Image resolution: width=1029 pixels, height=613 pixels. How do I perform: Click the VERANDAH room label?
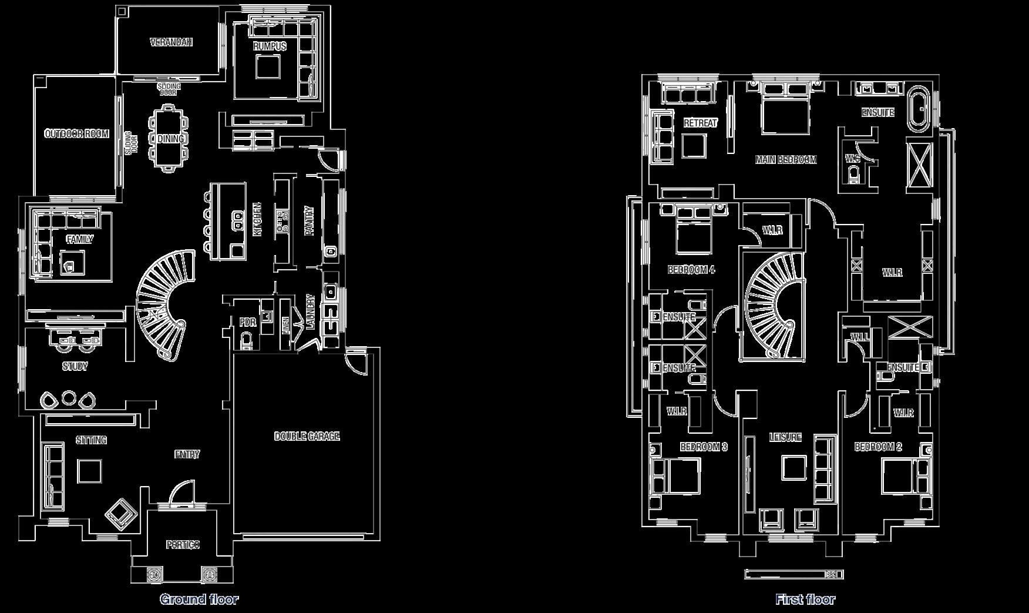click(x=171, y=42)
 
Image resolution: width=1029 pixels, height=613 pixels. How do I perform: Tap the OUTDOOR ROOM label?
click(x=77, y=134)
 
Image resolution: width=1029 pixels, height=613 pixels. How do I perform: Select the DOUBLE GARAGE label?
click(x=307, y=436)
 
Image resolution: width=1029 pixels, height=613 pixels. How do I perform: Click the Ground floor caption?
click(x=199, y=599)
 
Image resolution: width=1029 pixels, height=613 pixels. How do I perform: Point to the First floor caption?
click(x=805, y=599)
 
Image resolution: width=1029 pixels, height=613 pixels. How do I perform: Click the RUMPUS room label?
click(x=270, y=46)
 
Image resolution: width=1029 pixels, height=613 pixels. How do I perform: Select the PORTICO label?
click(x=182, y=545)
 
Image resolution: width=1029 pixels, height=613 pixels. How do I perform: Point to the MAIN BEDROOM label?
click(x=786, y=159)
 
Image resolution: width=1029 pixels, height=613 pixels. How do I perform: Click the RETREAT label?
click(x=701, y=123)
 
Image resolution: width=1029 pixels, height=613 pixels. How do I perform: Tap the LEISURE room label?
click(x=785, y=437)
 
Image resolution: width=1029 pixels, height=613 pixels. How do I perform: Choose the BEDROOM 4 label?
click(x=691, y=270)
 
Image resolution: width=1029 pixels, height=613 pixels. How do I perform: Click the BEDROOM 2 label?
click(x=877, y=447)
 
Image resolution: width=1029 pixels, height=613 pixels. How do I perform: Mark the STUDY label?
click(x=75, y=367)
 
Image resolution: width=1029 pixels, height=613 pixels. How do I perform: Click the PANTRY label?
click(x=309, y=221)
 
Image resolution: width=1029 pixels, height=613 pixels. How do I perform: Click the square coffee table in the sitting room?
click(x=90, y=471)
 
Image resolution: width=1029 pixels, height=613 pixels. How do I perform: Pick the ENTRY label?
click(x=187, y=454)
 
